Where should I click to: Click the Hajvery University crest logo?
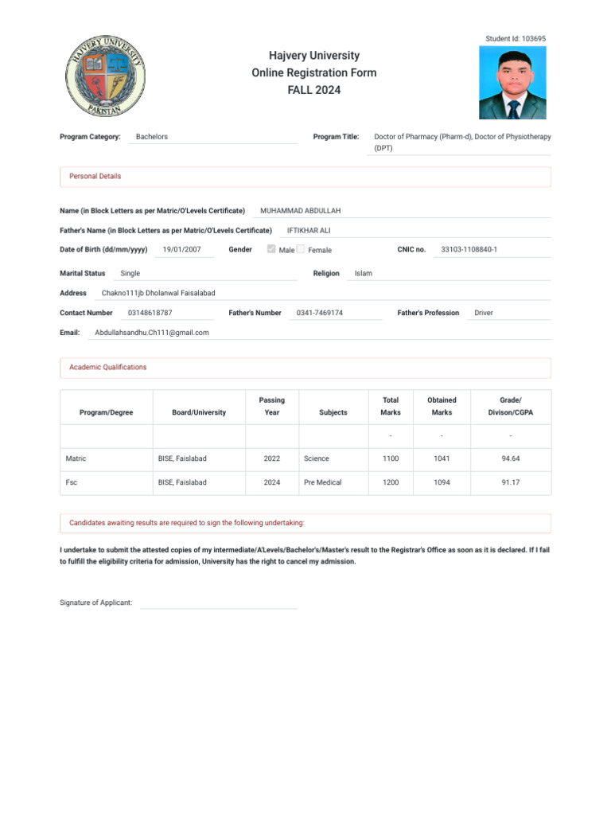pos(105,76)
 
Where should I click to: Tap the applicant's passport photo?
pos(512,83)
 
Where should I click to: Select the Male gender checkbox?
pos(271,249)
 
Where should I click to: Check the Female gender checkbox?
pos(301,249)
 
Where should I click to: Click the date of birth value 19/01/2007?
pos(182,249)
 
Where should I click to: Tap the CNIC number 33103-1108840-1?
pos(469,249)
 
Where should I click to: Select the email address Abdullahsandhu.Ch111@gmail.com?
pos(151,332)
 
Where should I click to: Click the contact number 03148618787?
pos(150,313)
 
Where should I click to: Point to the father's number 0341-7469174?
pos(319,313)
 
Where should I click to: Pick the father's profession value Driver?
pos(484,313)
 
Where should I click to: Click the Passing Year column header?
pos(271,406)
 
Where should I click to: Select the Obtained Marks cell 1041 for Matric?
pos(442,458)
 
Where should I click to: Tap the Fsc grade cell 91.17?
pos(510,482)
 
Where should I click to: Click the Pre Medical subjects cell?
pos(322,482)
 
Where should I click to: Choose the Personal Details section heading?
pos(95,176)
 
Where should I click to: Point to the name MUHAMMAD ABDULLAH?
pos(300,211)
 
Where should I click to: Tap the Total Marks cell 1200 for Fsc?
pos(391,482)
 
